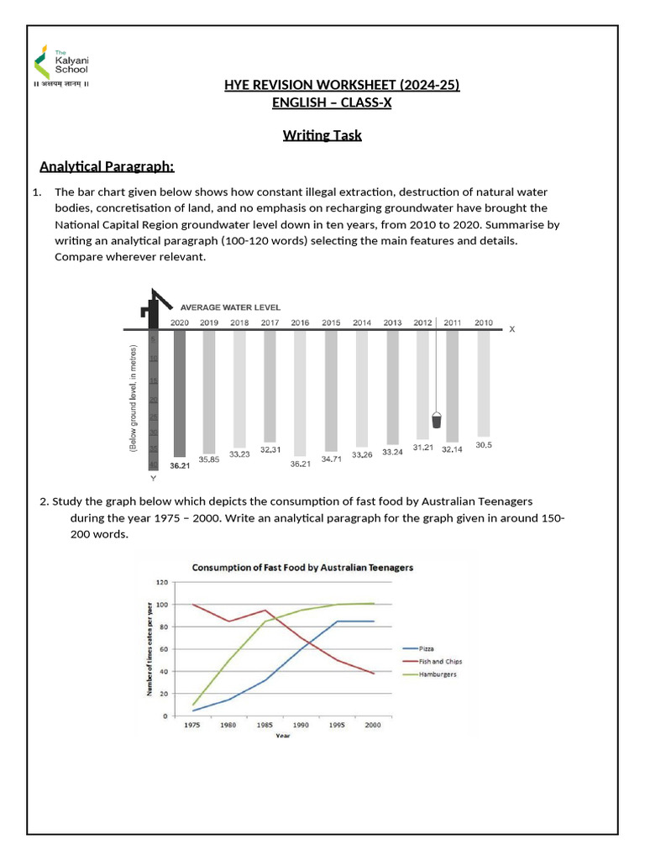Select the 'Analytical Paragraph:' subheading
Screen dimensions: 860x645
(107, 165)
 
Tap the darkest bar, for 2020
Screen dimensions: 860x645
(179, 392)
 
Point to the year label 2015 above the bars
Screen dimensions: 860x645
(331, 322)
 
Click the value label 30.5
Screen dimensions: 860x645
(484, 445)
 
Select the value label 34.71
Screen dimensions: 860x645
(332, 459)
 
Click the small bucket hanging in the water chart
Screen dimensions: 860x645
(436, 420)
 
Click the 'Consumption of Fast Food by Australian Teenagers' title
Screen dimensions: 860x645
(302, 567)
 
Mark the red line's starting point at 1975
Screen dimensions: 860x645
(193, 605)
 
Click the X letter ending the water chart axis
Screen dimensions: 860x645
(512, 329)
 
